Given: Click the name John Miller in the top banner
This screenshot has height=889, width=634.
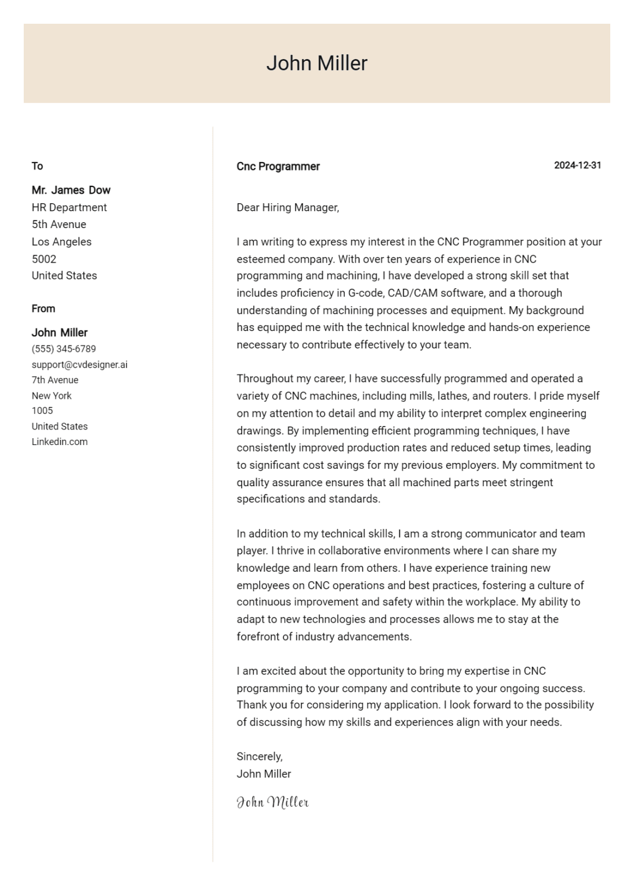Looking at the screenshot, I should click(317, 63).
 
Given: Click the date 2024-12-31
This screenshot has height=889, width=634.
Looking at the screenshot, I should click(577, 166).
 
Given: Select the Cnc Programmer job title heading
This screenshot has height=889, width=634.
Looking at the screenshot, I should click(278, 167).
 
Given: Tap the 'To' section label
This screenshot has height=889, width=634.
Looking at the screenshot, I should click(37, 166).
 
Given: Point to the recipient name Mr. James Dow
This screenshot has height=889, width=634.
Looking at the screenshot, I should click(71, 190).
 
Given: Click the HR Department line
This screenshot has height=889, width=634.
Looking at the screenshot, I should click(69, 207).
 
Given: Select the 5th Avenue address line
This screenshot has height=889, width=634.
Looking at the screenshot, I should click(58, 225).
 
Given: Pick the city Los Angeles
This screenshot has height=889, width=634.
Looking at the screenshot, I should click(61, 242).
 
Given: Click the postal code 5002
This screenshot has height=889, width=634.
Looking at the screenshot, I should click(44, 259).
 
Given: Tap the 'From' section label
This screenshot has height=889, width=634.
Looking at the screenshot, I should click(43, 308).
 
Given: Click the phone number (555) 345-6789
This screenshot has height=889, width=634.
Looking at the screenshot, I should click(64, 349).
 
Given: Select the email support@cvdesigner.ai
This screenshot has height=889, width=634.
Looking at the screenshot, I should click(79, 365).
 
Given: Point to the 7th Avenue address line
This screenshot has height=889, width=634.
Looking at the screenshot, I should click(55, 380).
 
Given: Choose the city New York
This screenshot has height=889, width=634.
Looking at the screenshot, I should click(52, 396).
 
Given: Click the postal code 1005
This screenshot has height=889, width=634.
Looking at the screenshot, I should click(42, 411).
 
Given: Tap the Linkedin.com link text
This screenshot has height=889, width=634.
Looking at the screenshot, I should click(60, 442).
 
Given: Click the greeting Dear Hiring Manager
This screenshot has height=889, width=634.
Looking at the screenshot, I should click(288, 207).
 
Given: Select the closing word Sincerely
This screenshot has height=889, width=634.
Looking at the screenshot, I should click(259, 756).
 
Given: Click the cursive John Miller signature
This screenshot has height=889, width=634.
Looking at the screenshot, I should click(273, 802).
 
